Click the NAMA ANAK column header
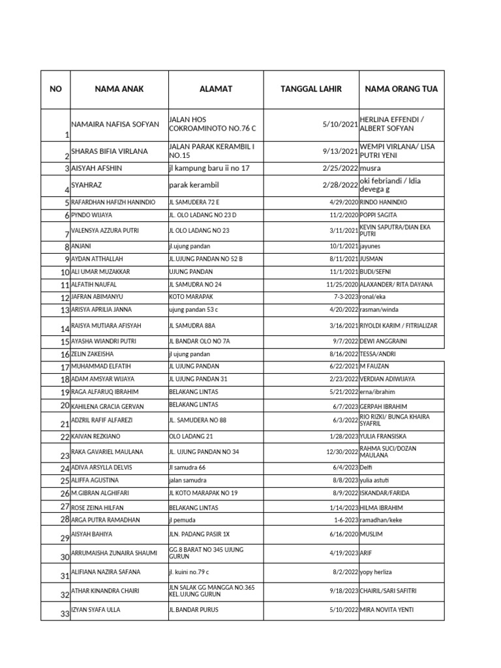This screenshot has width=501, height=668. coord(119,89)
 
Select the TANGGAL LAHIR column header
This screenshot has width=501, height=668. coord(311,89)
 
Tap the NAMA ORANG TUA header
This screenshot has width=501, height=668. coord(401,89)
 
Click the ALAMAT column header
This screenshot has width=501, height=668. coord(216,89)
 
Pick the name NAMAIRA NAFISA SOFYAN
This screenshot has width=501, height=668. coord(114,124)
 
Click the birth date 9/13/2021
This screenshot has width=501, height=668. coord(339,151)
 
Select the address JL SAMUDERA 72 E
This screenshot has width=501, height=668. coord(194,203)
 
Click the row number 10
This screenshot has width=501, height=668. coord(65,273)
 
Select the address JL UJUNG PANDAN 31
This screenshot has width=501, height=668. coord(198,379)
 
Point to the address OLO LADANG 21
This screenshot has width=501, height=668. coord(191,436)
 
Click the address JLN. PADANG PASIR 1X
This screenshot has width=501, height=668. coord(199,534)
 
